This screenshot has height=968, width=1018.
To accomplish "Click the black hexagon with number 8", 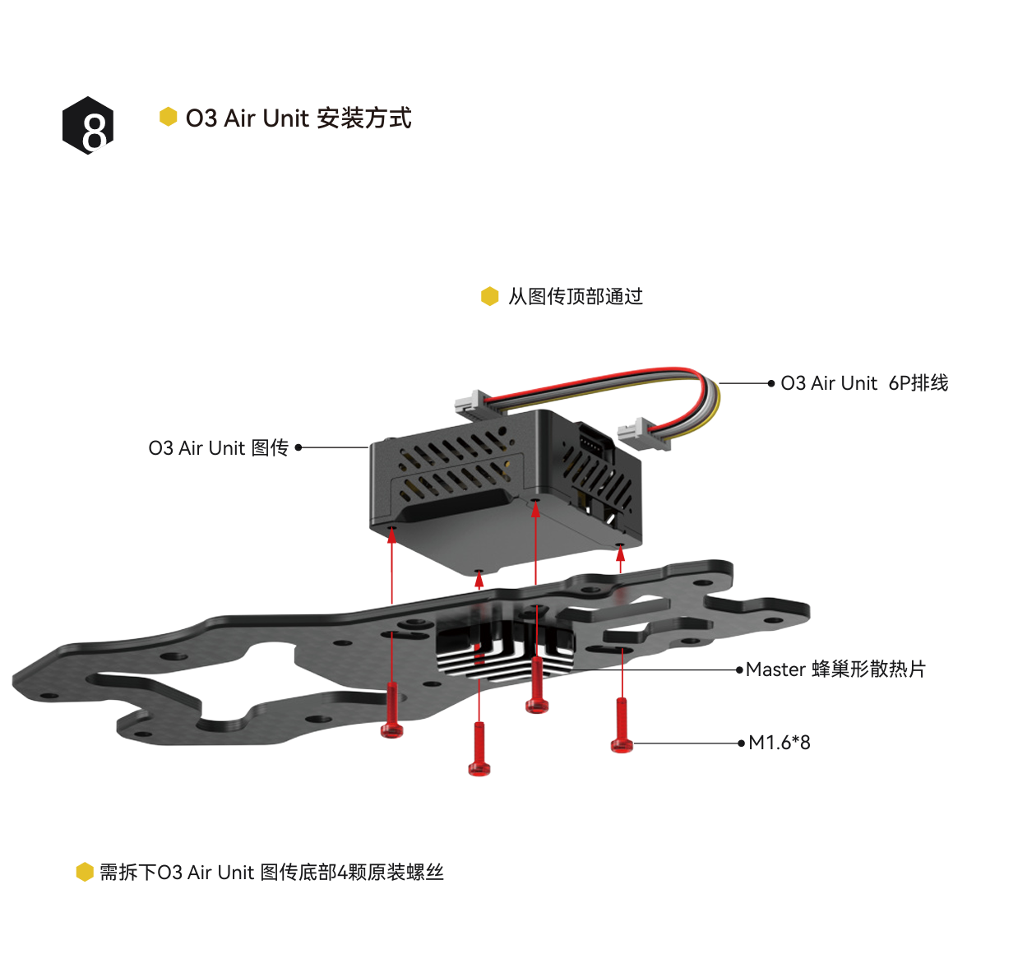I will pyautogui.click(x=89, y=126).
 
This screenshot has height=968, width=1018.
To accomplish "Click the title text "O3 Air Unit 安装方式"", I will pyautogui.click(x=298, y=118).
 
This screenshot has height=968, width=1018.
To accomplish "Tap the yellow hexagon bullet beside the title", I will pyautogui.click(x=169, y=117).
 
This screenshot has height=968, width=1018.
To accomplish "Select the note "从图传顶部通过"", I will pyautogui.click(x=575, y=296).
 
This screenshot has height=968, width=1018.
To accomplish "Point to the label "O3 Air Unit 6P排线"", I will pyautogui.click(x=863, y=383).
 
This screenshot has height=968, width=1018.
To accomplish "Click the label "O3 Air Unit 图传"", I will pyautogui.click(x=218, y=448).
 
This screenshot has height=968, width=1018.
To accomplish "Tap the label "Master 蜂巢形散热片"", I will pyautogui.click(x=835, y=669).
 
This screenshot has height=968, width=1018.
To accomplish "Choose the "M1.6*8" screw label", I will pyautogui.click(x=779, y=743).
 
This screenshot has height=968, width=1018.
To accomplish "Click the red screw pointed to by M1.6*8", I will pyautogui.click(x=622, y=727).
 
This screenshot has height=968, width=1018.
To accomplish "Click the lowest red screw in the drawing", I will pyautogui.click(x=479, y=750).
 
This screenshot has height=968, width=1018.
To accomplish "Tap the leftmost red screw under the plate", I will pyautogui.click(x=392, y=711).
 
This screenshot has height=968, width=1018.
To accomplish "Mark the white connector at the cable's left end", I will pyautogui.click(x=469, y=401).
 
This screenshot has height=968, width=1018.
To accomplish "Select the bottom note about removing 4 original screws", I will pyautogui.click(x=271, y=873).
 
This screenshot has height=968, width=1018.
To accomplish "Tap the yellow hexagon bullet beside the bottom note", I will pyautogui.click(x=85, y=872).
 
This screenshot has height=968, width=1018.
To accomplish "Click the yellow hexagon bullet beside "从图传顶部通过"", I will pyautogui.click(x=490, y=296).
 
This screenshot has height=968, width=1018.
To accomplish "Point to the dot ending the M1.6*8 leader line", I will pyautogui.click(x=741, y=743).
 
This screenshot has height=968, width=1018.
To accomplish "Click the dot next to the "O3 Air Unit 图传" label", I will pyautogui.click(x=298, y=447).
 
